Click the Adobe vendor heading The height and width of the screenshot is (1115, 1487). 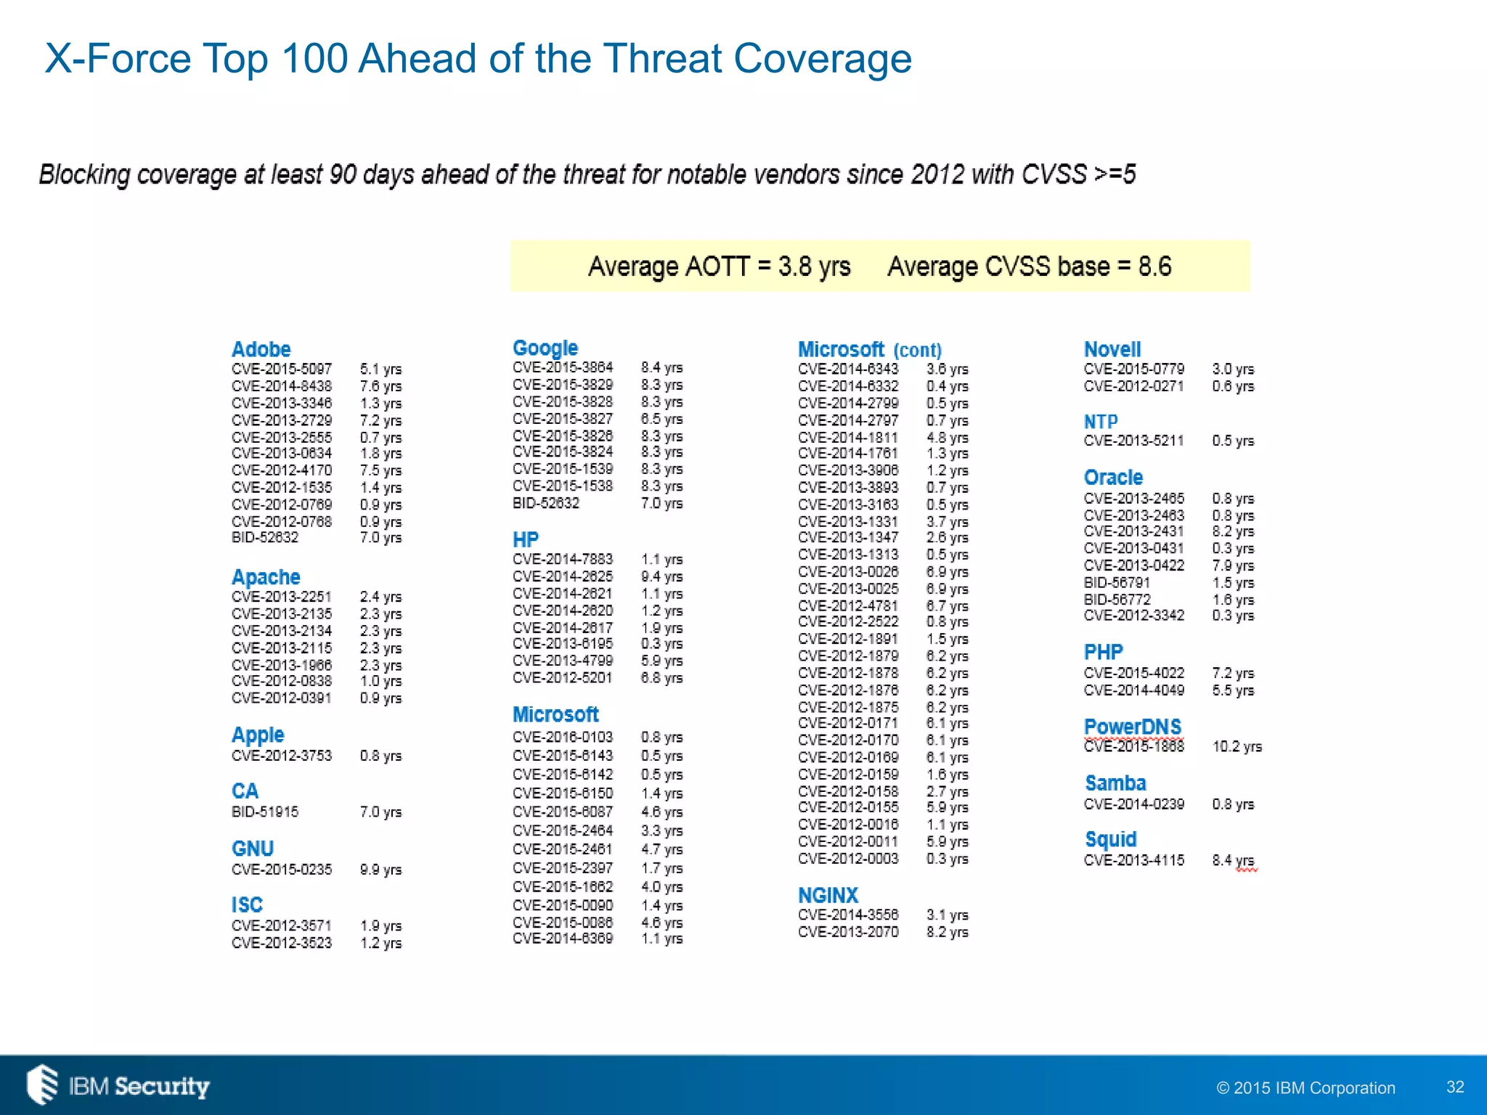pyautogui.click(x=261, y=349)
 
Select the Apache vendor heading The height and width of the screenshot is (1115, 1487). pyautogui.click(x=266, y=577)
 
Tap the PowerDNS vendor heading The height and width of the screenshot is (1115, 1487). pyautogui.click(x=1132, y=727)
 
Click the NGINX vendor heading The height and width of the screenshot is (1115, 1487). pyautogui.click(x=828, y=895)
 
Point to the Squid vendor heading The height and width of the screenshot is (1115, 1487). pyautogui.click(x=1110, y=839)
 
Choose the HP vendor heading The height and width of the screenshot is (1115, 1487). pyautogui.click(x=526, y=539)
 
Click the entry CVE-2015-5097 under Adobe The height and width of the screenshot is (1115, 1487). pyautogui.click(x=282, y=369)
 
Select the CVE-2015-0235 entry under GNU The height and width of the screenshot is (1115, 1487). pyautogui.click(x=282, y=869)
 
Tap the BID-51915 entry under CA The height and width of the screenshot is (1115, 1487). pyautogui.click(x=265, y=812)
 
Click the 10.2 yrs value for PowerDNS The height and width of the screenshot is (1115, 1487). pyautogui.click(x=1237, y=746)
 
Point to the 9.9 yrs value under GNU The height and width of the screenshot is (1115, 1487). pyautogui.click(x=380, y=869)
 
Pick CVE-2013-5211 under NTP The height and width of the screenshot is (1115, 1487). pyautogui.click(x=1133, y=441)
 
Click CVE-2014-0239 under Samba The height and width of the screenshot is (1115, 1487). pyautogui.click(x=1133, y=804)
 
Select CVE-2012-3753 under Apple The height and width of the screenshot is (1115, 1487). pyautogui.click(x=282, y=755)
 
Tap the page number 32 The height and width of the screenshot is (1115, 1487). pyautogui.click(x=1455, y=1086)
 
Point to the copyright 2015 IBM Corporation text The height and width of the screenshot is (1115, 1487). pyautogui.click(x=1305, y=1087)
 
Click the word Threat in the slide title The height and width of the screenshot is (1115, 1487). pyautogui.click(x=663, y=58)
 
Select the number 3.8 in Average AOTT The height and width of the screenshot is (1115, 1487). pyautogui.click(x=794, y=266)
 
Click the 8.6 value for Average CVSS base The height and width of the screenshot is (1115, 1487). pyautogui.click(x=1154, y=266)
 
